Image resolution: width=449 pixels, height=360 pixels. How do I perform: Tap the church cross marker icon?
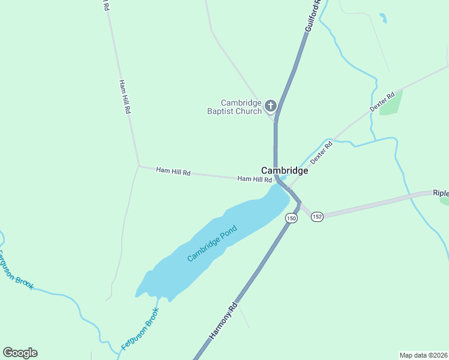click(x=270, y=107)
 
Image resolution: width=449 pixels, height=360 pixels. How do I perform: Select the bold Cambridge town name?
click(x=285, y=170)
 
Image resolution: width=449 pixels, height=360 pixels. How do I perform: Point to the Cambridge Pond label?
click(x=212, y=243)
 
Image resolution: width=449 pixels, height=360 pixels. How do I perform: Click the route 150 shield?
click(x=291, y=218)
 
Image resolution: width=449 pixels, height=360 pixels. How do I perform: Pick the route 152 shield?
click(x=317, y=216)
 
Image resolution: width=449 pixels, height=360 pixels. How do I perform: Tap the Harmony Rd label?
click(x=223, y=322)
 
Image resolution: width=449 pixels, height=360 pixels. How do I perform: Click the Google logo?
click(x=20, y=353)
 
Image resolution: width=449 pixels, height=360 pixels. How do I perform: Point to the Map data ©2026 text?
click(x=423, y=355)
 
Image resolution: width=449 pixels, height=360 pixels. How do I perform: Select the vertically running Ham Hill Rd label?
click(x=125, y=97)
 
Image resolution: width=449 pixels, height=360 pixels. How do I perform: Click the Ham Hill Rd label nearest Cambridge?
click(x=255, y=179)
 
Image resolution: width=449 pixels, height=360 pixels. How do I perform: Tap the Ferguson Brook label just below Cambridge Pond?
click(x=140, y=329)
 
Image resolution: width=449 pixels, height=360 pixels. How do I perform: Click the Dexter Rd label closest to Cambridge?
click(x=322, y=153)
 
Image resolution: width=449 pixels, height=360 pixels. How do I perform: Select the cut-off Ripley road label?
click(x=441, y=194)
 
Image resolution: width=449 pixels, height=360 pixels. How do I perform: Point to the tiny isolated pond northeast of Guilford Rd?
click(x=383, y=18)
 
